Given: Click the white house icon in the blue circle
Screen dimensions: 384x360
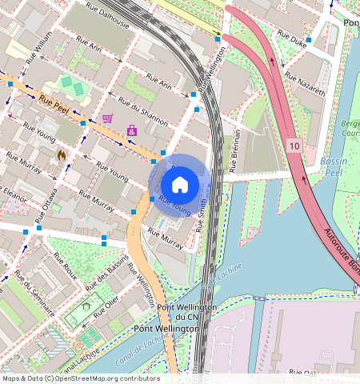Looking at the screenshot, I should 180,185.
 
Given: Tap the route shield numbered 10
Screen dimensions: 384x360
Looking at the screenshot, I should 294,146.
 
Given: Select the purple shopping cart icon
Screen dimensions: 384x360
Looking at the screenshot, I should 107,118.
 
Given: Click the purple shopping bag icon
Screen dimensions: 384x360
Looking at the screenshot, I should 132,130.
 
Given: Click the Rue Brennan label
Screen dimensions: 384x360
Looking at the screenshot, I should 234,153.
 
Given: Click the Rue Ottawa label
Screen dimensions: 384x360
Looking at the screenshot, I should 51,206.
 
